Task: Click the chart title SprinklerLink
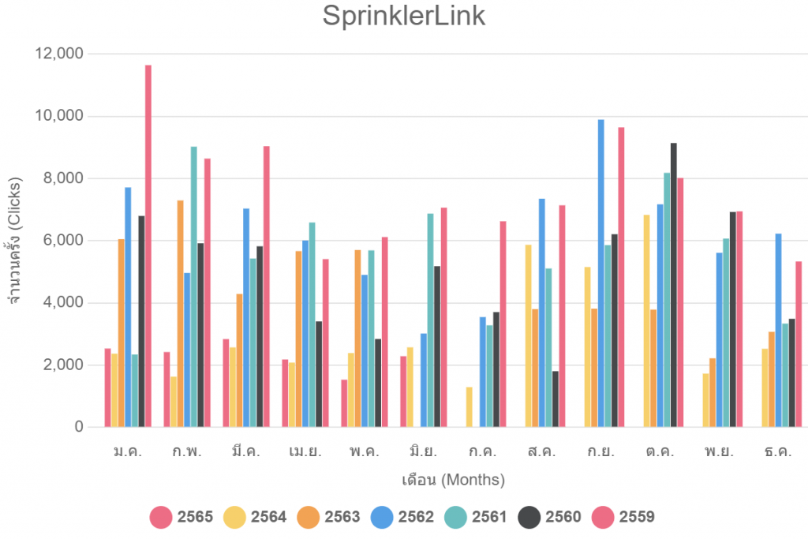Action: pyautogui.click(x=403, y=17)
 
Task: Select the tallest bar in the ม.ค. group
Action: pyautogui.click(x=148, y=245)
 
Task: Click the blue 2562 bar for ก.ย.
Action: pyautogui.click(x=600, y=273)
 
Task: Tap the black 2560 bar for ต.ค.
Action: pyautogui.click(x=673, y=285)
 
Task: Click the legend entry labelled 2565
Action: pyautogui.click(x=181, y=517)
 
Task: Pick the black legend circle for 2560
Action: pyautogui.click(x=529, y=517)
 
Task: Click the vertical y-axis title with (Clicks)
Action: pyautogui.click(x=17, y=241)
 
